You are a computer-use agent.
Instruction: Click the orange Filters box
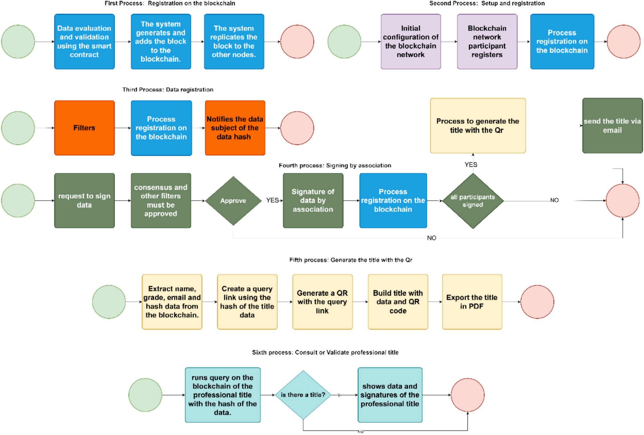(84, 128)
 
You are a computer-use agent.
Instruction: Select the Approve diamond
(233, 201)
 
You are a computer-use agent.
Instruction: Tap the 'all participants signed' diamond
(473, 201)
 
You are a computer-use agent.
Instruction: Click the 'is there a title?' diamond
(303, 395)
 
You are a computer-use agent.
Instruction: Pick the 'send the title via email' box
(612, 126)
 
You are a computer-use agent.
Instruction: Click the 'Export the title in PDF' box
(472, 302)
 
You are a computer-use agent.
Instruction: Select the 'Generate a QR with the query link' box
(322, 302)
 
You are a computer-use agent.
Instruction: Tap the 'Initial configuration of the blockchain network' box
(410, 41)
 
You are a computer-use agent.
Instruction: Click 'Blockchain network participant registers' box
(487, 41)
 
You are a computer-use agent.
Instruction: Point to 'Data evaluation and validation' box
(84, 41)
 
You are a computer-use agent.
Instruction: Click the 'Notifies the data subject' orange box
(235, 128)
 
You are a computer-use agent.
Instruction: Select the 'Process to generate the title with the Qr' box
(477, 126)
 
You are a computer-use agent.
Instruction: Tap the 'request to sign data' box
(84, 201)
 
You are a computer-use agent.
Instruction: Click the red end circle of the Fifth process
(537, 302)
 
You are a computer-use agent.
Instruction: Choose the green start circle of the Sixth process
(145, 395)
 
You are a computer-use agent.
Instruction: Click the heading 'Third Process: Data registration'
(168, 90)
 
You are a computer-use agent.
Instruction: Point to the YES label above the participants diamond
(471, 165)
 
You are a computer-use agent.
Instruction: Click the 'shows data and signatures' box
(390, 395)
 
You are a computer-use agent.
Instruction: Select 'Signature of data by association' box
(313, 201)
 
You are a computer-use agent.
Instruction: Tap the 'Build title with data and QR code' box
(398, 302)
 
